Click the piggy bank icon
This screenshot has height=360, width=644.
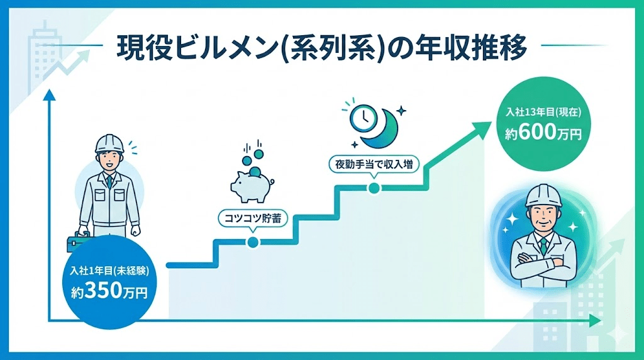pyautogui.click(x=250, y=184)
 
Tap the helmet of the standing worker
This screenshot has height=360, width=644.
pyautogui.click(x=111, y=143)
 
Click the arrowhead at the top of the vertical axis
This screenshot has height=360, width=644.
pyautogui.click(x=48, y=96)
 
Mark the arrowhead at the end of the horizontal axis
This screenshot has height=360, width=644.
pyautogui.click(x=596, y=321)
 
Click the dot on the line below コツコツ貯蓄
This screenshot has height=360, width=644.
pyautogui.click(x=253, y=242)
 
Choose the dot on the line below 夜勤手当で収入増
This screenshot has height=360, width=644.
pyautogui.click(x=374, y=188)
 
